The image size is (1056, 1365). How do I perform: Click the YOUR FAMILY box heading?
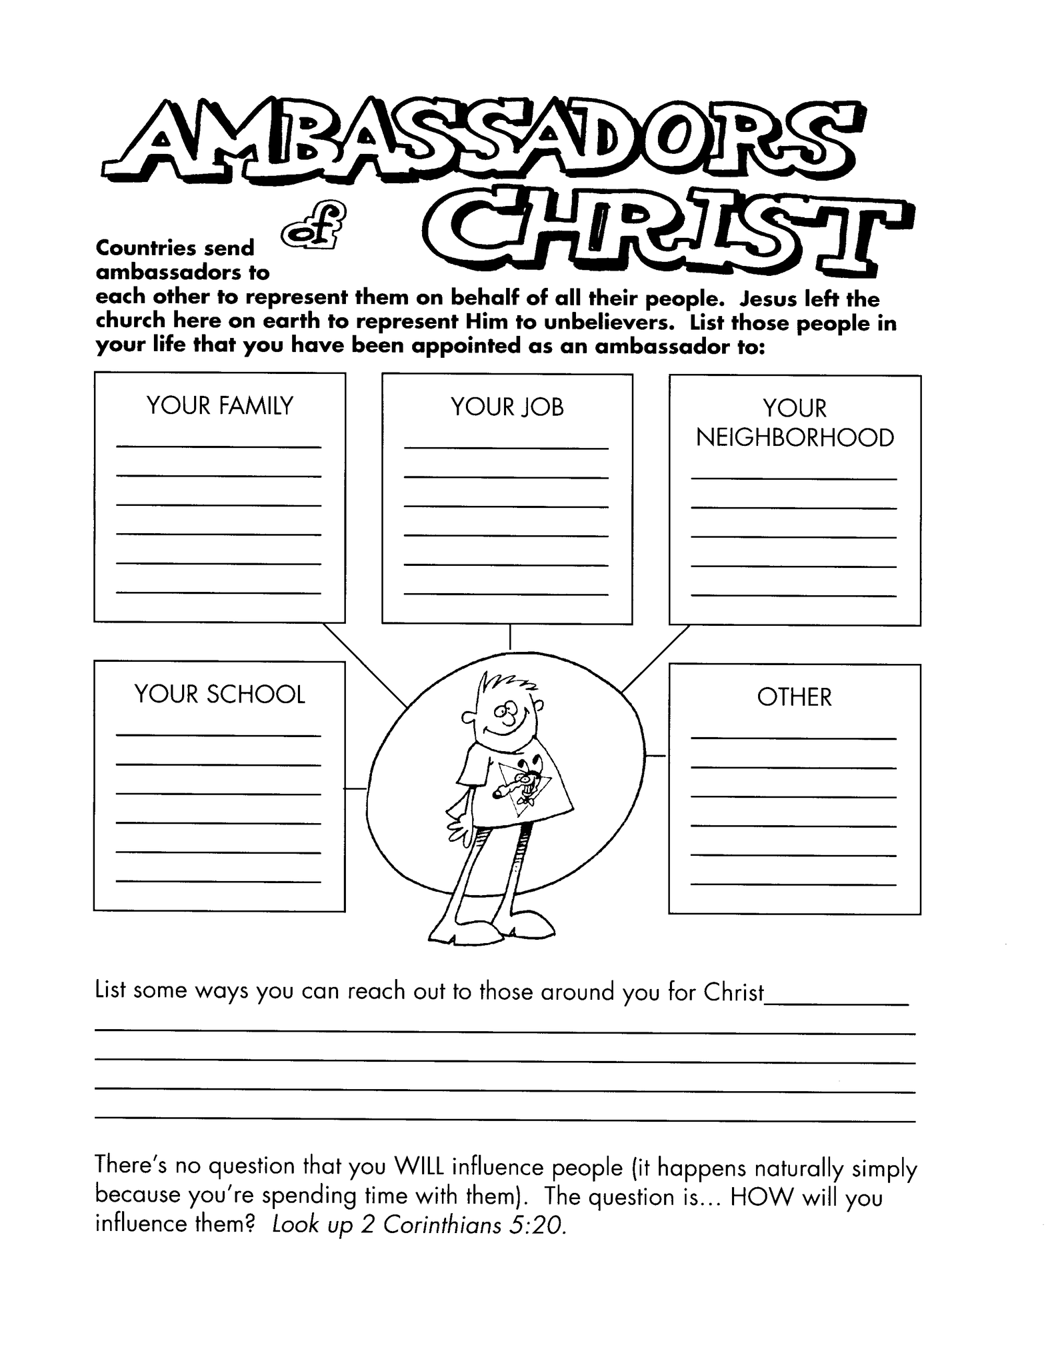219,406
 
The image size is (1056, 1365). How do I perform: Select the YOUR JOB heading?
507,407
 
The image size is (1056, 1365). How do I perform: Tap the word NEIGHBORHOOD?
795,439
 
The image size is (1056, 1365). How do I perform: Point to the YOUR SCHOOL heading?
219,694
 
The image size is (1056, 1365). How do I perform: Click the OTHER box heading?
794,697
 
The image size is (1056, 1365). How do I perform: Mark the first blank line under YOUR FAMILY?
219,447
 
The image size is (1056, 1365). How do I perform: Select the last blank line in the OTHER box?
793,884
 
